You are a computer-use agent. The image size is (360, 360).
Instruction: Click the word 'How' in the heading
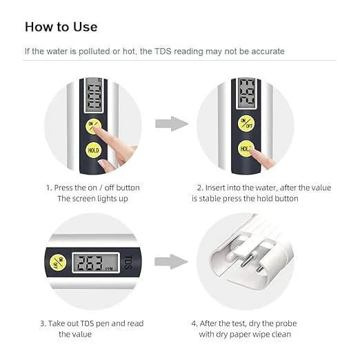[x=40, y=27]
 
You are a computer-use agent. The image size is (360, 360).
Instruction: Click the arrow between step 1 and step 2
[x=170, y=124]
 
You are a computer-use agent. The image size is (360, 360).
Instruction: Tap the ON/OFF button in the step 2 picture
[x=246, y=123]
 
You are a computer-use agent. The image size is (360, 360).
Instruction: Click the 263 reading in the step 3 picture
[x=87, y=262]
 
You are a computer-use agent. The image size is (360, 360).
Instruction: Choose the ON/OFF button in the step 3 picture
[x=57, y=262]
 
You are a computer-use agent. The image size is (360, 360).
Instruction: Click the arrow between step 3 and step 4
[x=170, y=261]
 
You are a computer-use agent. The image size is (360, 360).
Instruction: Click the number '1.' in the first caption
[x=49, y=188]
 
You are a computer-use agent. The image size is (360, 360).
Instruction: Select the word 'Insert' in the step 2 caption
[x=219, y=188]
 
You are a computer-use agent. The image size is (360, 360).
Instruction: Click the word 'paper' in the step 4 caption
[x=266, y=334]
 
